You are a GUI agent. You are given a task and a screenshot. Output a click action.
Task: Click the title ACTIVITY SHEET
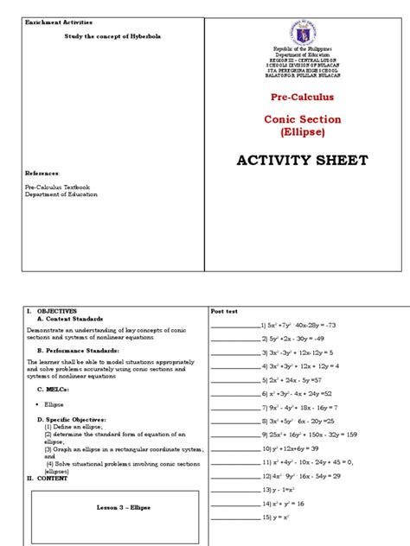tap(302, 160)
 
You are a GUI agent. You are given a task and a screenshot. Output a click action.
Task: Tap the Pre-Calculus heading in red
tap(302, 98)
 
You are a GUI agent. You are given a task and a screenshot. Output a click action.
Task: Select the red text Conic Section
tap(302, 119)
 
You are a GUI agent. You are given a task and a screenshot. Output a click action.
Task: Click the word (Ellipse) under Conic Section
tap(302, 132)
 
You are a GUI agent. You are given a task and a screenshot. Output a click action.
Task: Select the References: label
tap(42, 173)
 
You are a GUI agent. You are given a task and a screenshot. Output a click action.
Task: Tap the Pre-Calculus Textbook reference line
tap(57, 187)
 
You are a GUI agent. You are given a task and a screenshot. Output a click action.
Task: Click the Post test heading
tap(224, 311)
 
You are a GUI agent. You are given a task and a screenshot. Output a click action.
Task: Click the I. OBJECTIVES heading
tap(51, 310)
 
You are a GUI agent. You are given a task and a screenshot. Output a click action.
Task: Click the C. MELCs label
tap(53, 389)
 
